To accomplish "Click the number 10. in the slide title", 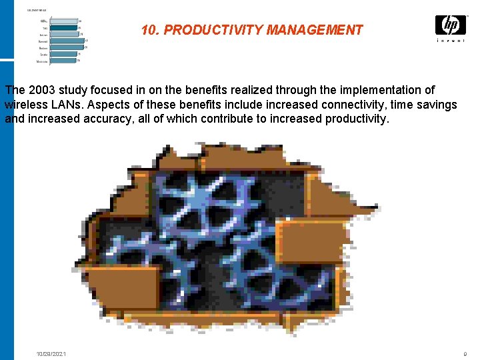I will (150, 30).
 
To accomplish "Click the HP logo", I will (450, 25).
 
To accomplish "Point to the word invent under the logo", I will (451, 41).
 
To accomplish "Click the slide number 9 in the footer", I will (464, 353).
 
